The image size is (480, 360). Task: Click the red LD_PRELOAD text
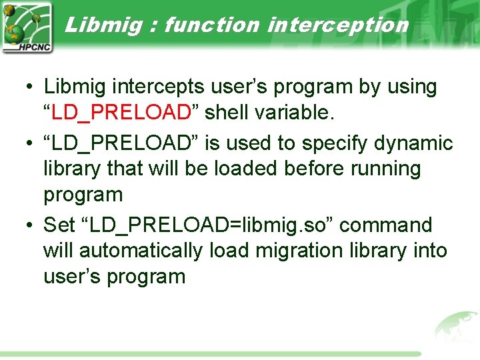click(121, 113)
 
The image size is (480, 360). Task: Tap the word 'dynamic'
click(411, 143)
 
